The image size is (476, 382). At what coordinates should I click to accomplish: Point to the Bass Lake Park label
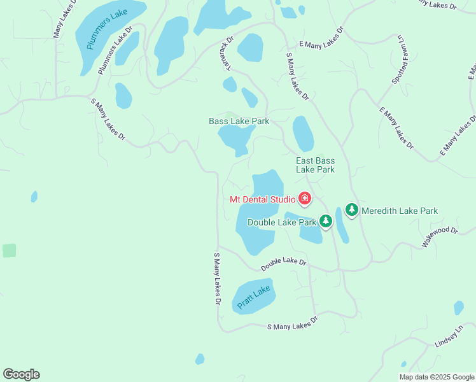(x=239, y=121)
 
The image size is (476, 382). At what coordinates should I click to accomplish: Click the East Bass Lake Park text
(x=315, y=166)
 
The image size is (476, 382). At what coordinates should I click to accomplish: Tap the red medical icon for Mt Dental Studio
(x=305, y=199)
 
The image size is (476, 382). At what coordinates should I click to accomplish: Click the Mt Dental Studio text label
(x=262, y=199)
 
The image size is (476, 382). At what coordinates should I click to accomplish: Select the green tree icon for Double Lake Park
(x=326, y=221)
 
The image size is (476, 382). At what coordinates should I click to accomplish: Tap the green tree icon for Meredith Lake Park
(x=351, y=209)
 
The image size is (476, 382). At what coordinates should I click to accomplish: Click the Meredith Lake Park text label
(x=399, y=211)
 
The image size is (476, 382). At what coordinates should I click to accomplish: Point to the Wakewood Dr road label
(x=439, y=237)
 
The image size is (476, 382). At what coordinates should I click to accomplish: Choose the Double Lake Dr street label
(x=283, y=262)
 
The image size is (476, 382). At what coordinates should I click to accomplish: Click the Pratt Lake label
(x=254, y=297)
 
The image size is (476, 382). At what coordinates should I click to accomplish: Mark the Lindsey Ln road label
(x=448, y=337)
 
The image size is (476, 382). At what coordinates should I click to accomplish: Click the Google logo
(x=21, y=374)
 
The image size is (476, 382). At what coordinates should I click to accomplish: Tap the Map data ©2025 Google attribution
(x=436, y=377)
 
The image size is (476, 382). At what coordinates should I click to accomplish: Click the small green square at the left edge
(x=9, y=250)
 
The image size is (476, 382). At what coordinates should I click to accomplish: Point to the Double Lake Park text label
(x=281, y=222)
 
